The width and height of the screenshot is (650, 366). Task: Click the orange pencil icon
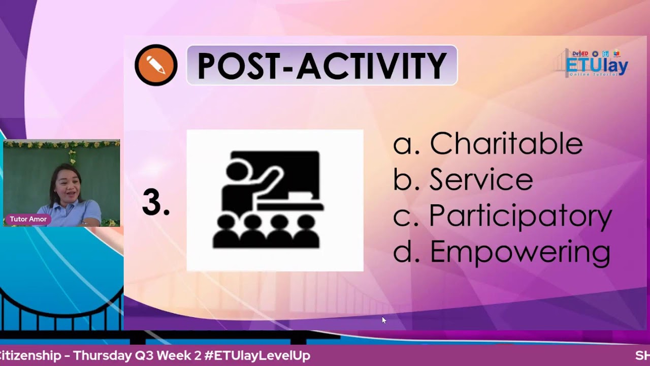[156, 65]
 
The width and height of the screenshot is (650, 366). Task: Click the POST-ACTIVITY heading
[322, 66]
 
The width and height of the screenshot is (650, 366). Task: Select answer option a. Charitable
[487, 143]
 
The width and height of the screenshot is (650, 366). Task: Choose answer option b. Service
[463, 179]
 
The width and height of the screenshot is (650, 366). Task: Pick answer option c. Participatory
[502, 216]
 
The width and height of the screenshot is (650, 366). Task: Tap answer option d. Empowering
[501, 252]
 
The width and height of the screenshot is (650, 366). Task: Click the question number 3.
[155, 202]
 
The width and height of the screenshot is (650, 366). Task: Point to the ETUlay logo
[596, 64]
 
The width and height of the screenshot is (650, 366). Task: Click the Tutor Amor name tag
[28, 219]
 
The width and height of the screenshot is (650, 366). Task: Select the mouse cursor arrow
[384, 320]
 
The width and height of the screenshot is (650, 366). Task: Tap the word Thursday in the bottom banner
[102, 356]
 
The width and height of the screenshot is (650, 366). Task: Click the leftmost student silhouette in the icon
[226, 233]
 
